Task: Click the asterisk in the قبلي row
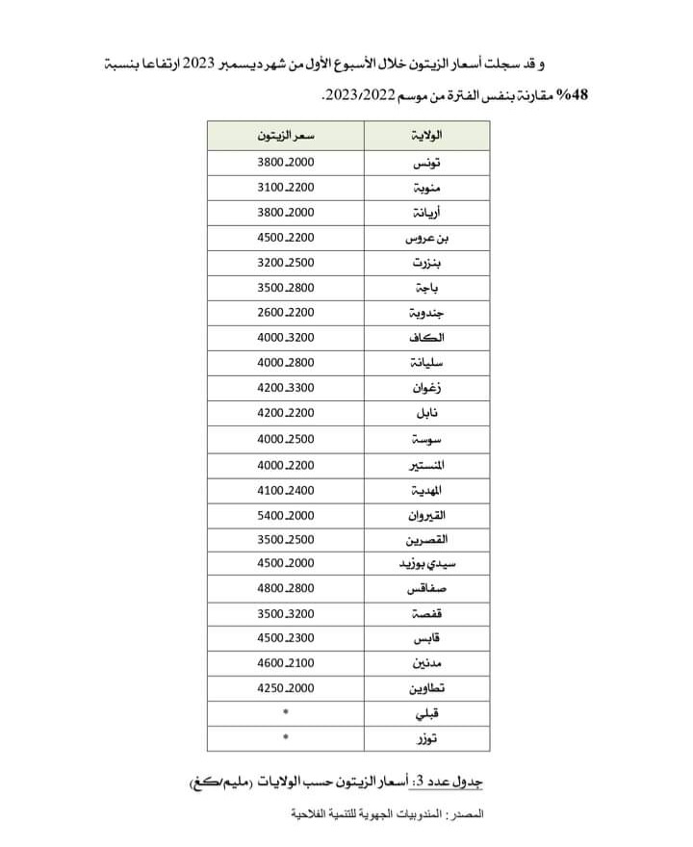[x=286, y=713]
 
